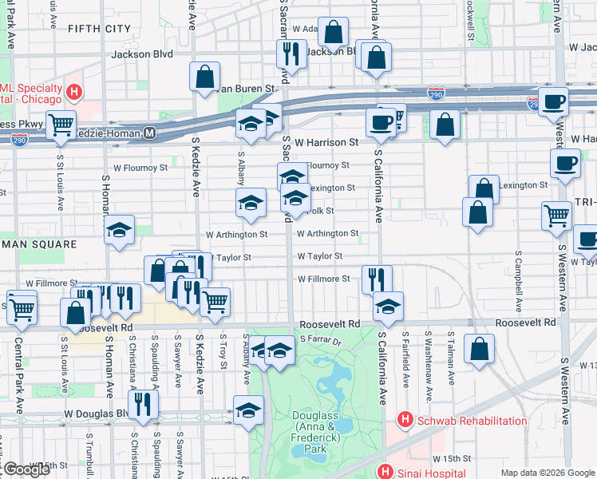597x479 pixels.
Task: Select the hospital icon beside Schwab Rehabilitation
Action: tap(405, 420)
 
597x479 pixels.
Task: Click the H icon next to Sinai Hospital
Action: tap(386, 473)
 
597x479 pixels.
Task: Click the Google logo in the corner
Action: tap(26, 469)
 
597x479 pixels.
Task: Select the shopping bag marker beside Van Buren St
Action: tap(205, 77)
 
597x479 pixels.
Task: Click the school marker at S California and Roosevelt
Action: tap(388, 306)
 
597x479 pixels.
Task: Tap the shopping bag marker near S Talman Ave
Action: tap(479, 349)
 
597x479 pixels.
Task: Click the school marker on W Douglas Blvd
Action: tap(249, 410)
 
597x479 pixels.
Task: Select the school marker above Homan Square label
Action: tap(120, 232)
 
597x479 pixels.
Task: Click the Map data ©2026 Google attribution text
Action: tap(548, 473)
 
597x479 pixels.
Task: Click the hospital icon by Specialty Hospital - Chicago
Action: tap(74, 92)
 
